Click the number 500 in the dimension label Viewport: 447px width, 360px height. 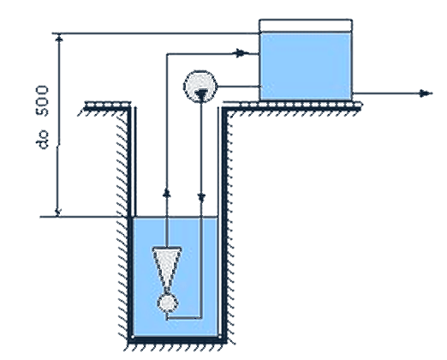42,100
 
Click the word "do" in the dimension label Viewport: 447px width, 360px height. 43,140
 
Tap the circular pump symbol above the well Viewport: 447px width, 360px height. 200,87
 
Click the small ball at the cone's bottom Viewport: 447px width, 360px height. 168,303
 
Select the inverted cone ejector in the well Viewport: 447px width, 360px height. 167,268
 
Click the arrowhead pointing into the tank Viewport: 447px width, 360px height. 241,53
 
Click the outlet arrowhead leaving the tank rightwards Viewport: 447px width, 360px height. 426,93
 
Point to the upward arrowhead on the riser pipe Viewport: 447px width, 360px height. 167,193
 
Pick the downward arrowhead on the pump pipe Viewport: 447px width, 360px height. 201,198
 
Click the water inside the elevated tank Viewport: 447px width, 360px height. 306,66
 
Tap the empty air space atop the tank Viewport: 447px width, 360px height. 306,26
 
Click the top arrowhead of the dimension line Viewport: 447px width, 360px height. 59,39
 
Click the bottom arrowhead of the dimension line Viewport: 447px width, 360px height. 58,212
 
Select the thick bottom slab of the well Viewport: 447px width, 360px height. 177,339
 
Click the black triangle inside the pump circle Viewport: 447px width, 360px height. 201,95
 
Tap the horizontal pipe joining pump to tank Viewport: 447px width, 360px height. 239,87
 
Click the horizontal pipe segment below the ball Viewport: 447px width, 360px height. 184,318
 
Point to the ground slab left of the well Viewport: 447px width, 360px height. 107,105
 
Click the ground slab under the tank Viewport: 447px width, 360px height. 292,106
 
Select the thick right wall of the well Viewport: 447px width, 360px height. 224,223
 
